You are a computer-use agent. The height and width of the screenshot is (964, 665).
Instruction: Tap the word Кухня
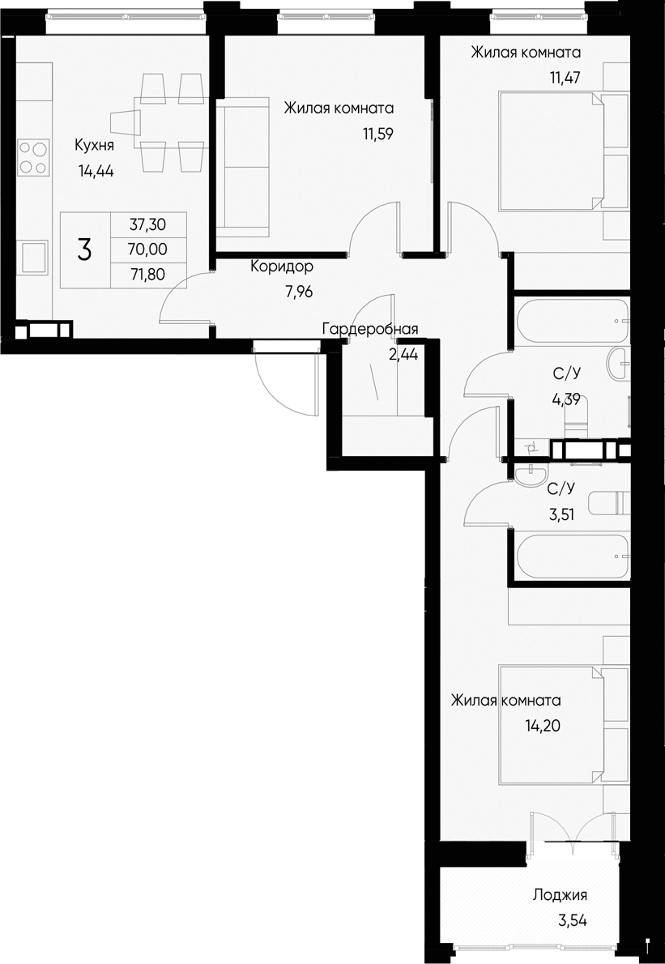click(94, 146)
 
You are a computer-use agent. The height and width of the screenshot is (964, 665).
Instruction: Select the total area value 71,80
click(147, 273)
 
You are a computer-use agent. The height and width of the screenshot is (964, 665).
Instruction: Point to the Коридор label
click(281, 267)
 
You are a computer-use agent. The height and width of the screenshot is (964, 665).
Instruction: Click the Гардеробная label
click(369, 329)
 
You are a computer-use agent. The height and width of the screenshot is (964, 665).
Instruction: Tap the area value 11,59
click(377, 134)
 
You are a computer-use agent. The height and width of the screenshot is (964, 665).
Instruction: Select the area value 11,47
click(565, 79)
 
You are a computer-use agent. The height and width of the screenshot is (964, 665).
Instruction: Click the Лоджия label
click(560, 895)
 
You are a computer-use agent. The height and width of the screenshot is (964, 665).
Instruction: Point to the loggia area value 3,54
click(572, 920)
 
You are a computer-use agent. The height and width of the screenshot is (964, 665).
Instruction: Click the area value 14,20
click(542, 726)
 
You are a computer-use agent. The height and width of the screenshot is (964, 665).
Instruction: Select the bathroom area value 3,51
click(561, 513)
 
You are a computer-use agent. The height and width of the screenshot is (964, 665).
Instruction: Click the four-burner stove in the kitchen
click(32, 158)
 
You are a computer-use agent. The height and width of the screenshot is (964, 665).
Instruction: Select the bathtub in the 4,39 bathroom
click(572, 321)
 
